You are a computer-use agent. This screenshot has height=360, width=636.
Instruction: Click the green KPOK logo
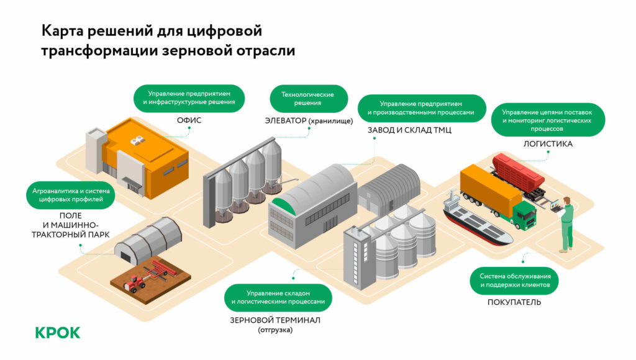point(58,333)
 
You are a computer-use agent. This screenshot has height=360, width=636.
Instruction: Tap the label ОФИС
point(189,120)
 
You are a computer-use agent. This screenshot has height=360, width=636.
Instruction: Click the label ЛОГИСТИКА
point(548,144)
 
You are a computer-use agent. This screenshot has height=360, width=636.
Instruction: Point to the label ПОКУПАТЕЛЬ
point(514,302)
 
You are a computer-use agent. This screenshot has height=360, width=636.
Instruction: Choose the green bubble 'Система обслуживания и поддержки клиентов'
point(514,281)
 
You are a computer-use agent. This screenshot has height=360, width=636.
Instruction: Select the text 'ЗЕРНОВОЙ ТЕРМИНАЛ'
point(275,320)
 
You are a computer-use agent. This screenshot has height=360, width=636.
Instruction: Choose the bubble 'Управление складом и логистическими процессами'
point(278,297)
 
